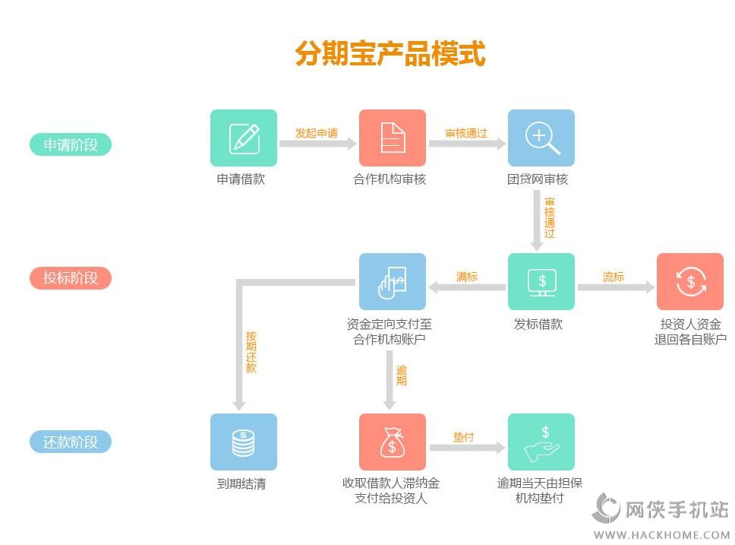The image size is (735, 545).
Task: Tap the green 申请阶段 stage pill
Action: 71,144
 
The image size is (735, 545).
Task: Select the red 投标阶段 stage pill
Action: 71,278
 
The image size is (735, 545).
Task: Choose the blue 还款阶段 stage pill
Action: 71,442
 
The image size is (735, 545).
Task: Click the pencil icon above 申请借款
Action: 244,138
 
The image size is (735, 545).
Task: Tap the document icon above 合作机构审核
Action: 393,138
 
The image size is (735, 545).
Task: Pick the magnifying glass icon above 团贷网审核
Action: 541,138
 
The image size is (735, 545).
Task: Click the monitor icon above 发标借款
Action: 541,281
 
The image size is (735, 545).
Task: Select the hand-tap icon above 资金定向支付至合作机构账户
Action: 393,281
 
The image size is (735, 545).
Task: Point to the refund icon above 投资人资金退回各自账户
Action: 690,281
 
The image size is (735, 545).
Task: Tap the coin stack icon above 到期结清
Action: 244,442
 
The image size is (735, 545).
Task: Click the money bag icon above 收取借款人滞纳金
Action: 393,442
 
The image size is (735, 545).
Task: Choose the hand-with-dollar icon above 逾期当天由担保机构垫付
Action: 541,442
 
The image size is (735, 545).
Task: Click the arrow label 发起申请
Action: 316,133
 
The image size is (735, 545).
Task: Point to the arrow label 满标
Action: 467,277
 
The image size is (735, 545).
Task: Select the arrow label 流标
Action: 614,277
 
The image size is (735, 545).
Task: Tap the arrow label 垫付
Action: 464,437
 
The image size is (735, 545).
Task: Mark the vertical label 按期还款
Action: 251,351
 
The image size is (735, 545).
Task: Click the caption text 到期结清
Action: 241,483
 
